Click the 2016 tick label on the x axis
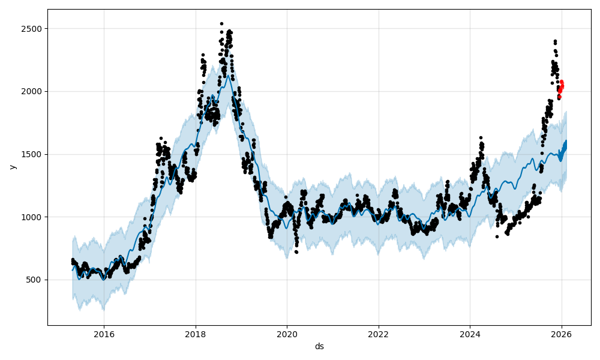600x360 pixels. tap(104, 334)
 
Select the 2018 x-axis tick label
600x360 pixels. tap(195, 334)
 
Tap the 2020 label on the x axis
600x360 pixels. tap(287, 334)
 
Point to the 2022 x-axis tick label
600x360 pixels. tap(379, 334)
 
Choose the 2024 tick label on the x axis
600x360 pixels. tap(470, 334)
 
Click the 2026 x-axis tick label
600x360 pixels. tap(562, 334)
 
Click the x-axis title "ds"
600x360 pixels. tap(319, 346)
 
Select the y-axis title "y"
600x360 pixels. tap(12, 167)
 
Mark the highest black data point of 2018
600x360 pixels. tap(221, 23)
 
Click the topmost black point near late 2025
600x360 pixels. tap(555, 41)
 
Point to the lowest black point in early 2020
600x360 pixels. tap(296, 251)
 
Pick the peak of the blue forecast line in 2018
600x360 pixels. tap(227, 75)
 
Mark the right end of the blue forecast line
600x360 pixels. tap(565, 142)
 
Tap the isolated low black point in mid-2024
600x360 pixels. tap(497, 236)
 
